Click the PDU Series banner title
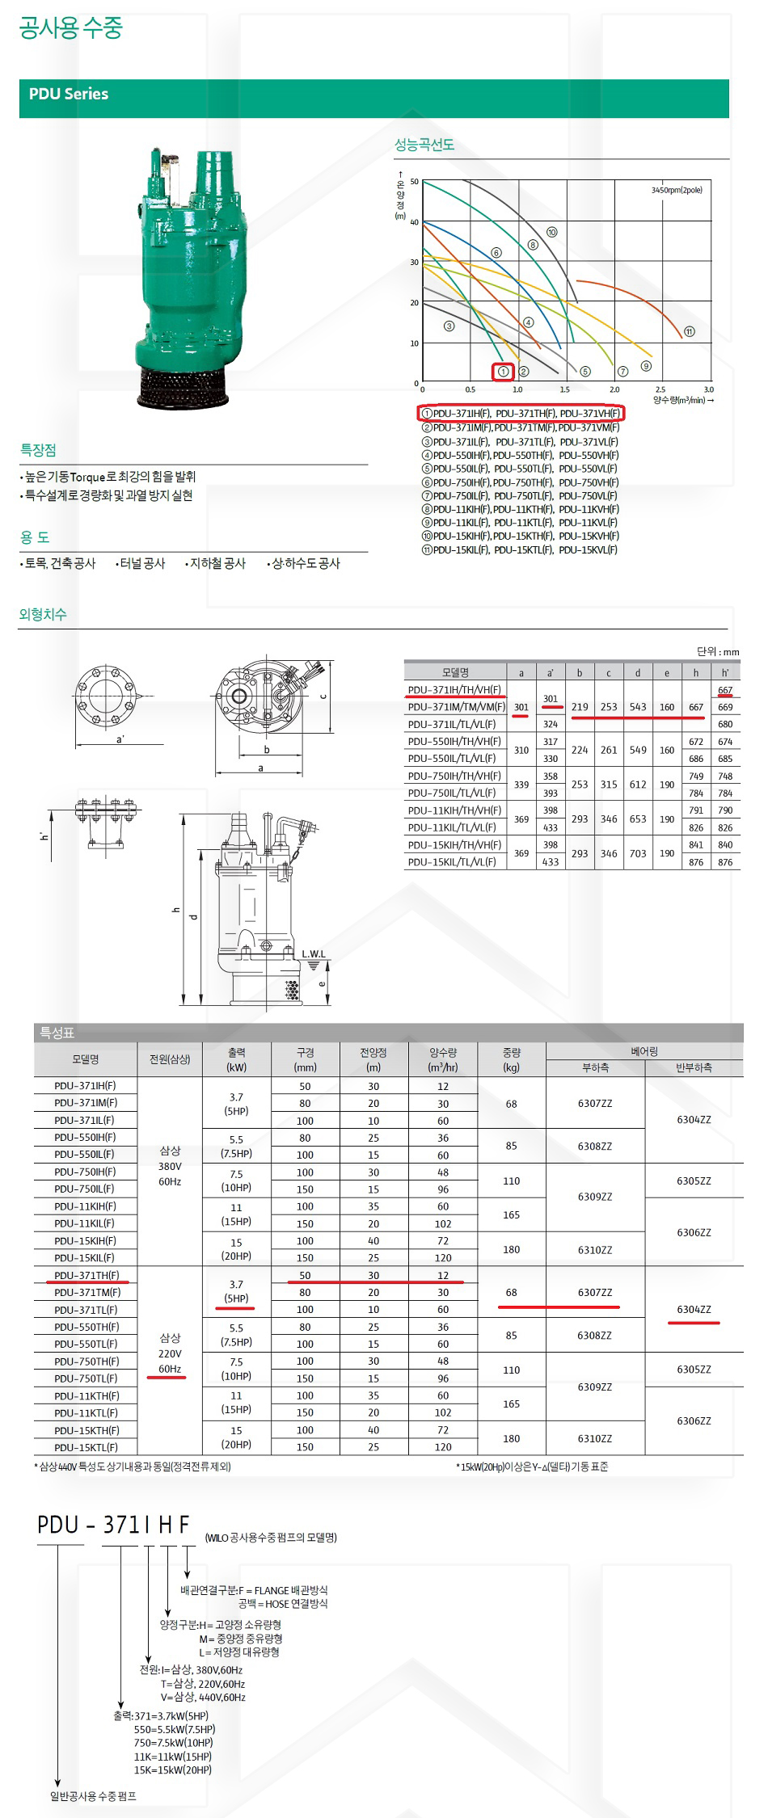point(69,94)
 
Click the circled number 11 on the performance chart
point(689,331)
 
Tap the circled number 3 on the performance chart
point(449,326)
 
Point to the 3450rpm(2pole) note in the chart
point(677,190)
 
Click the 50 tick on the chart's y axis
point(414,182)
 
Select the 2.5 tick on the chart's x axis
point(660,389)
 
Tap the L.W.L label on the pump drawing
point(314,954)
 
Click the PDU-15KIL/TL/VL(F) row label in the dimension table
point(452,862)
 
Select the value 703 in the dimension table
point(638,853)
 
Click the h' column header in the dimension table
point(725,672)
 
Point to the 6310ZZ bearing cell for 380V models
point(595,1249)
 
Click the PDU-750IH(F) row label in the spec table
point(85,1172)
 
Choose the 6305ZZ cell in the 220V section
point(694,1370)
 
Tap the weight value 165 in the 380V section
point(511,1214)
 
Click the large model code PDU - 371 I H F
point(113,1525)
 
